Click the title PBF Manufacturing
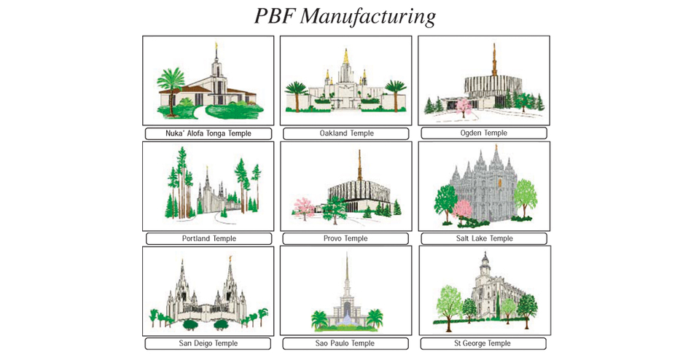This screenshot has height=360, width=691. coord(345,17)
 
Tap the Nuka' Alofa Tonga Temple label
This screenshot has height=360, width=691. coord(208,133)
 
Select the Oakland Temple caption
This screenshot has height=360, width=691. coord(346,133)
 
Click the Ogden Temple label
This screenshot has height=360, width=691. coord(483,133)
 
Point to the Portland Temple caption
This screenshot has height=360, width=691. coord(209,238)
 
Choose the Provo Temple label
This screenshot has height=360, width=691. coord(345,238)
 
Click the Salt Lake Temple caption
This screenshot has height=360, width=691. coord(484,238)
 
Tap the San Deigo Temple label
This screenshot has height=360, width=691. coord(208,343)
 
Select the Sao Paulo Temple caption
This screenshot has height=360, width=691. coord(345,343)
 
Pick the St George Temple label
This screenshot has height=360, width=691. coord(482,343)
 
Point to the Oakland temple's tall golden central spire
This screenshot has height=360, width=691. coord(346,58)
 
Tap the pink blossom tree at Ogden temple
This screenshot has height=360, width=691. coord(463,108)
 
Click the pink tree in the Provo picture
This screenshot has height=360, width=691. coord(304,207)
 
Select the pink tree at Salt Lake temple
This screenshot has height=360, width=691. coord(462,210)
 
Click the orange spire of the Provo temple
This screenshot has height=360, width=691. coord(359,165)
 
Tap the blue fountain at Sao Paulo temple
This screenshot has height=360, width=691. coord(347,321)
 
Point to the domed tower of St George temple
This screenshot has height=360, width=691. coord(485,265)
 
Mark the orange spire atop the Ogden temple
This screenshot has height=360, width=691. coord(494,60)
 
